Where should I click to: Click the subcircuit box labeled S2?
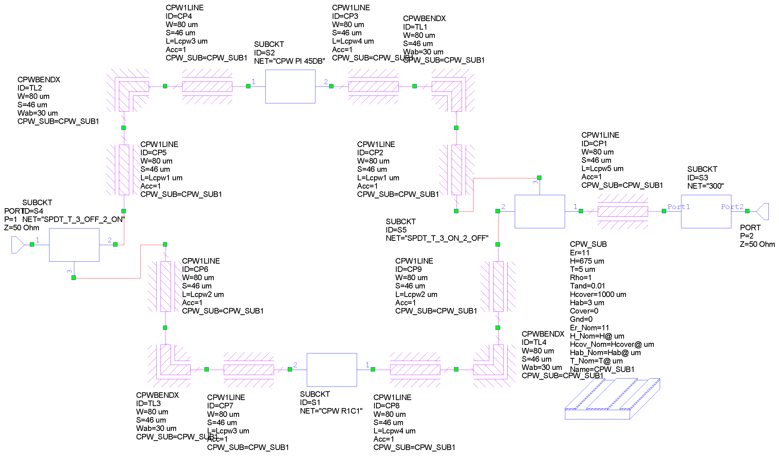pos(290,86)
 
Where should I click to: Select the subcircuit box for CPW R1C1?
pos(331,370)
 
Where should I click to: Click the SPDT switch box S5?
pos(539,211)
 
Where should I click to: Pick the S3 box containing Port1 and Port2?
pos(706,211)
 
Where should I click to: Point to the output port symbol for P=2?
pos(763,211)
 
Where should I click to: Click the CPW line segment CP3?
pos(373,87)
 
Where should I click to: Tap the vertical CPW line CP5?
pos(124,170)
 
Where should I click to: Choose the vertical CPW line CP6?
pos(165,286)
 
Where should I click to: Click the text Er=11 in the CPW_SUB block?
pos(579,253)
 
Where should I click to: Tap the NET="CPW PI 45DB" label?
pos(289,61)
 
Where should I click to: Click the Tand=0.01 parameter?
pos(587,286)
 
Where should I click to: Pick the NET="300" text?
pos(705,186)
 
